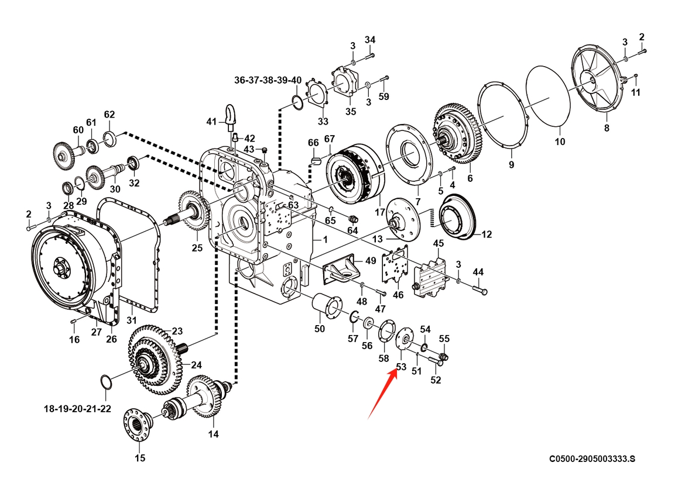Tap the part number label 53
tap(401, 367)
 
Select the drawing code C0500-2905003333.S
tap(592, 460)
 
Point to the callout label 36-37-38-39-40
tap(268, 80)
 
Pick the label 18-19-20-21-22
tap(77, 408)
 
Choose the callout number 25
tap(197, 248)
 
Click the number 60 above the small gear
tap(78, 130)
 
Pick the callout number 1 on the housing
tap(325, 240)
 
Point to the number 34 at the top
tap(369, 39)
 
